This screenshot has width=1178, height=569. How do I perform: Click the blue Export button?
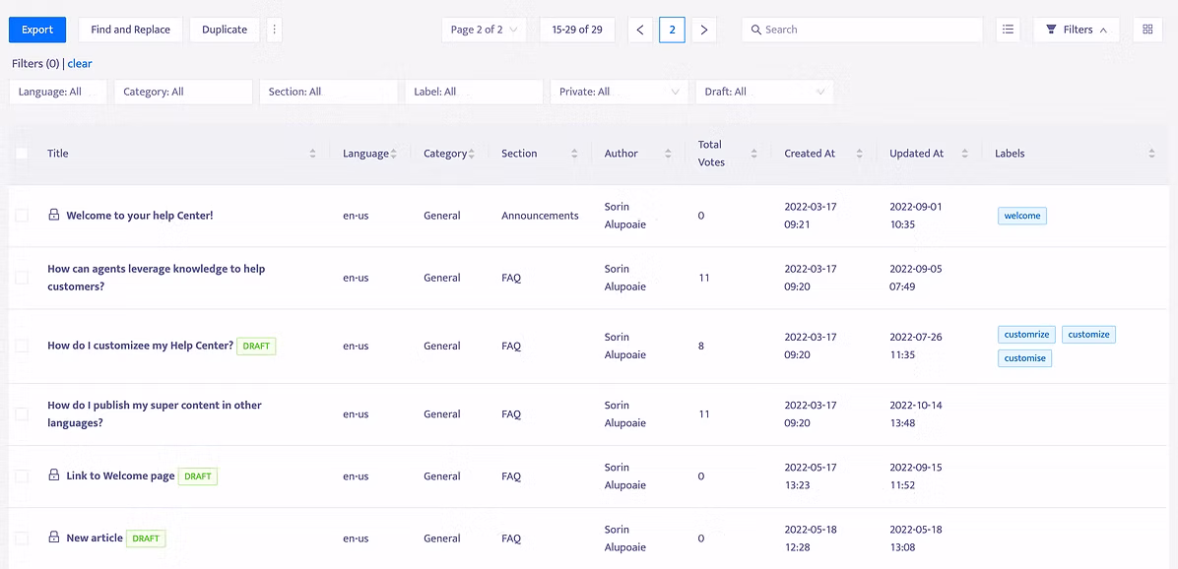pos(37,31)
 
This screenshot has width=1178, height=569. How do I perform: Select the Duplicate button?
pos(225,31)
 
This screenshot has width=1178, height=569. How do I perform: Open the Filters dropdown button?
pos(1076,31)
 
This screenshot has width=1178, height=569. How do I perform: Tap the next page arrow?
pos(704,31)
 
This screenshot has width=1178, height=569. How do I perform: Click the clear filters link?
pos(80,64)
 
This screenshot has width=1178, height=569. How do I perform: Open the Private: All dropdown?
pos(620,92)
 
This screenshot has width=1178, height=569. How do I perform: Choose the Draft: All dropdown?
pos(764,92)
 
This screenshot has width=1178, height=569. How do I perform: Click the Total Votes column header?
pos(710,154)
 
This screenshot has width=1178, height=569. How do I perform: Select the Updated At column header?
pos(917,154)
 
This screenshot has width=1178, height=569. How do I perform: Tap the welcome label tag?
pos(1021,216)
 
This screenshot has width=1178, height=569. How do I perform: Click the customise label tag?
pos(1024,358)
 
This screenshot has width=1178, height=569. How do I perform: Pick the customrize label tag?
pos(1027,334)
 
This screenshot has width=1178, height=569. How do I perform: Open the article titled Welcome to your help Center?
pos(140,216)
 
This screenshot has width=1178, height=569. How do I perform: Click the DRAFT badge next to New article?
pos(146,538)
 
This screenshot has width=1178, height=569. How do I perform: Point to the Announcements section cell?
pos(540,216)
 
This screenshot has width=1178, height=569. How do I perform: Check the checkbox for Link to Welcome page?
pos(22,475)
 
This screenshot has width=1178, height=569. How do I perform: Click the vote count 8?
pos(701,347)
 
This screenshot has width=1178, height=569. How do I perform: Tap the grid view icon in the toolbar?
pos(1147,31)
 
